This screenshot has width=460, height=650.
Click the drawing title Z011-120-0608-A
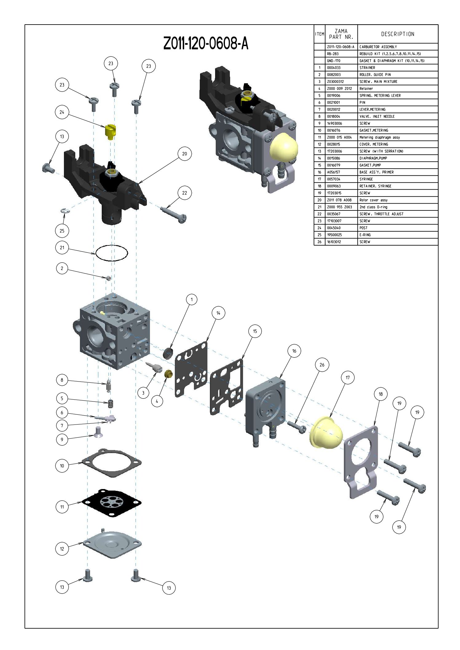tap(206, 43)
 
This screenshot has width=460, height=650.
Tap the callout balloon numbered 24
tap(62, 112)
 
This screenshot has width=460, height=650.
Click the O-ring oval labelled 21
tap(112, 253)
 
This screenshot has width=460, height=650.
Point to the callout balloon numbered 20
tap(184, 154)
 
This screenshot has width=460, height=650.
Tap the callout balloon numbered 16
tap(294, 351)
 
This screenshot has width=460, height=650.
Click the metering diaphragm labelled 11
tap(112, 503)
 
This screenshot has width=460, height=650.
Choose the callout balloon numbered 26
tap(322, 365)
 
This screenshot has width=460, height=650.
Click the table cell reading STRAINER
tap(367, 68)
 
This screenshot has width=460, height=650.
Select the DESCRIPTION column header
tap(398, 34)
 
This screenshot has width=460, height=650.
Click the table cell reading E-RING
tap(365, 235)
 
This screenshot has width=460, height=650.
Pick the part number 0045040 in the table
tap(334, 228)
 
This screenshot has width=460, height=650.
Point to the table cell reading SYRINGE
tap(366, 179)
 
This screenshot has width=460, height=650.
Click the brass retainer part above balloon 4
tap(168, 374)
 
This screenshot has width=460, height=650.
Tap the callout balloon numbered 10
tap(62, 466)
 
